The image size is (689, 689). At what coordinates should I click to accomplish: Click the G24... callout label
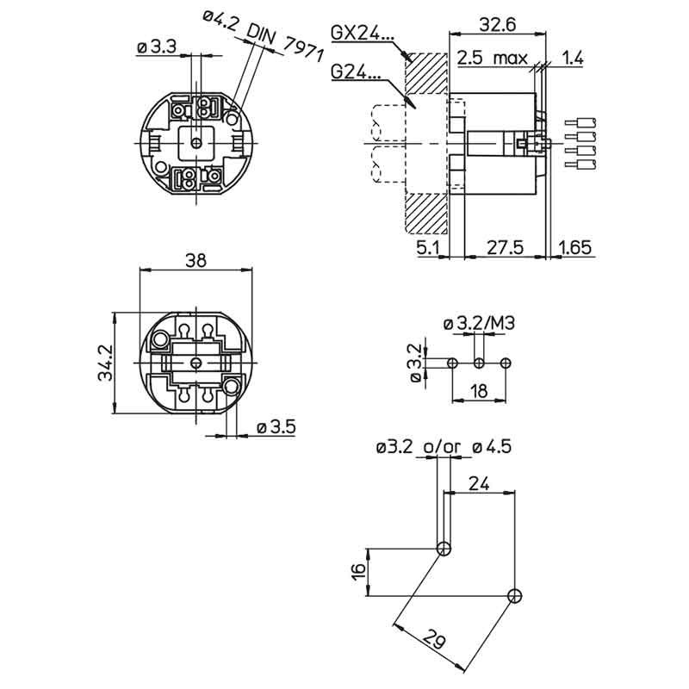[x=356, y=73]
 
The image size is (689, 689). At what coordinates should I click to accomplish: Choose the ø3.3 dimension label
[x=158, y=48]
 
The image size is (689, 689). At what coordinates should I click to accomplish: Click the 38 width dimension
[x=196, y=262]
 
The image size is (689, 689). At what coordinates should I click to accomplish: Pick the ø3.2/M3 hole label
[x=486, y=324]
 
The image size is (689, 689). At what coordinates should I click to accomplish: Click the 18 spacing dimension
[x=479, y=392]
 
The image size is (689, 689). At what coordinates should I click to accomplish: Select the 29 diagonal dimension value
[x=434, y=639]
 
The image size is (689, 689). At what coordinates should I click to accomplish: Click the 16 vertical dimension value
[x=358, y=570]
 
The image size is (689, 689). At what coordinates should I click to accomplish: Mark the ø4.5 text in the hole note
[x=493, y=446]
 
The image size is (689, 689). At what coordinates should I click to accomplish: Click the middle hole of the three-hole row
[x=479, y=363]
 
